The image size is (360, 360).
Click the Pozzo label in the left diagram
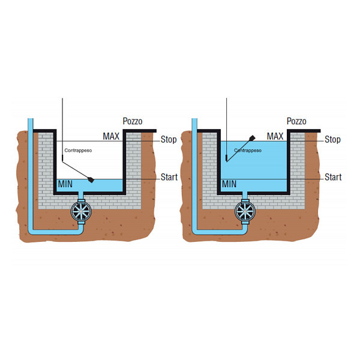click(133, 121)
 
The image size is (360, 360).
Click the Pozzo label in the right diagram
click(296, 121)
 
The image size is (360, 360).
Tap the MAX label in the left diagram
click(110, 137)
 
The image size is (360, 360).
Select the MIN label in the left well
click(65, 184)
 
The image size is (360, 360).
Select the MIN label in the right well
click(229, 184)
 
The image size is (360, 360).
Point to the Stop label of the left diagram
click(169, 140)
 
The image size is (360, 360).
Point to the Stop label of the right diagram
click(332, 140)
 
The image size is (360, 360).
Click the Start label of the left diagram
click(169, 177)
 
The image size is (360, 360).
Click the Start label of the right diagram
click(333, 177)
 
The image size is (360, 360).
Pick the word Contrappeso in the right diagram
click(247, 151)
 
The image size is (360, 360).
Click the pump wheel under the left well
click(80, 211)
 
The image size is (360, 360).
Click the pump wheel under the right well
click(244, 211)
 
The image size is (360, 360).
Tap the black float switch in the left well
click(90, 179)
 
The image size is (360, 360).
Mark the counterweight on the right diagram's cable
click(226, 158)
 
